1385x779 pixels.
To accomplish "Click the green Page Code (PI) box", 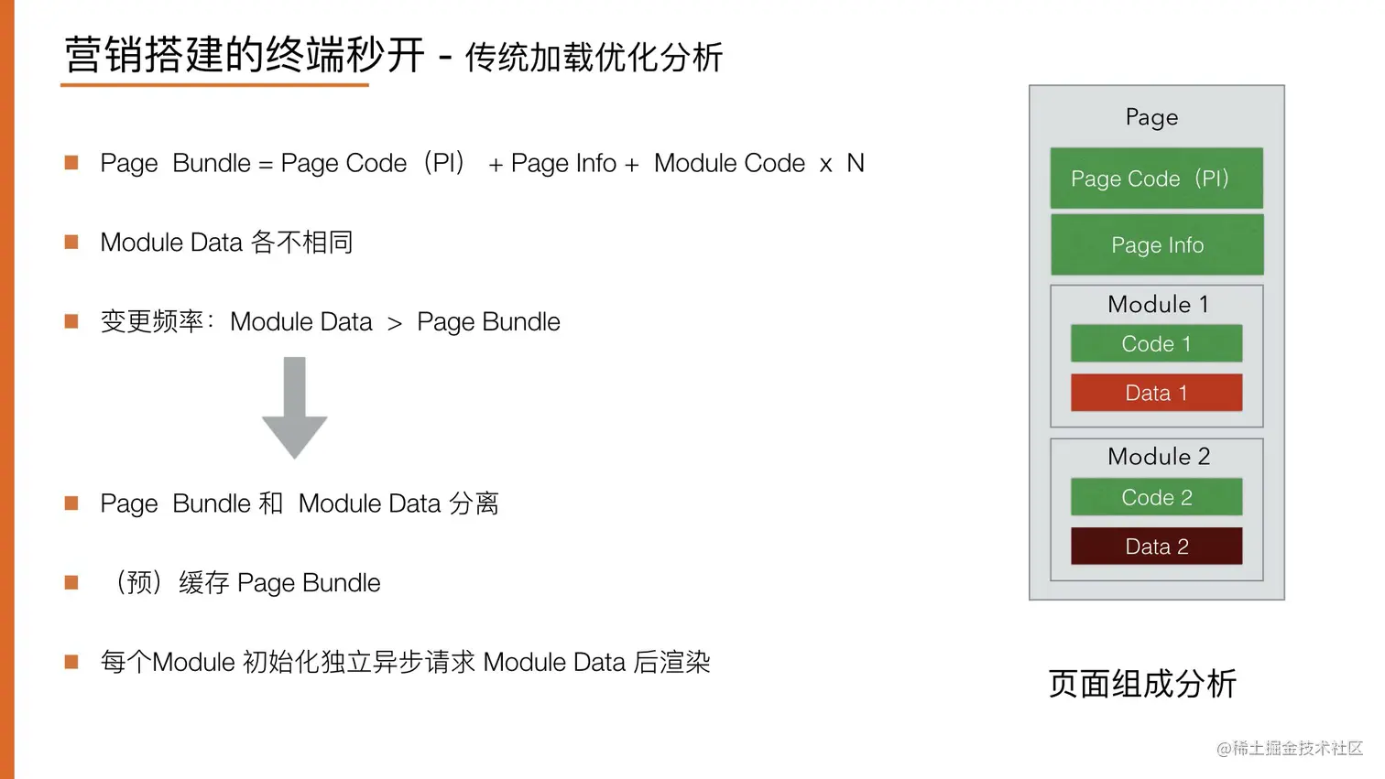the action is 1156,179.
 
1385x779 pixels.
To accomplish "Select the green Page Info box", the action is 1157,245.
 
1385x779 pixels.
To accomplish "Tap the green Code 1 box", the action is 1156,344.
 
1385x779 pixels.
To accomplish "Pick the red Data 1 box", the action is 1156,393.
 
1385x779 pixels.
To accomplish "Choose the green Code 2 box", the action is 1156,497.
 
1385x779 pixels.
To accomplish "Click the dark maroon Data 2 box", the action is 1156,546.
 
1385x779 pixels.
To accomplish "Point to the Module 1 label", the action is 1158,304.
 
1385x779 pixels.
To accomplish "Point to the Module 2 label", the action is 1158,456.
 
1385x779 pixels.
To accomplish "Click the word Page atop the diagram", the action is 1151,117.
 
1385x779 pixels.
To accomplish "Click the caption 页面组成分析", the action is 1141,683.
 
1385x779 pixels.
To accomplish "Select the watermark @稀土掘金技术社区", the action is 1289,748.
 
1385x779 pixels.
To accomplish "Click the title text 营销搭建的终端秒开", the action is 245,55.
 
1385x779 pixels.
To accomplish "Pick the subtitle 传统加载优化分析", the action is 594,58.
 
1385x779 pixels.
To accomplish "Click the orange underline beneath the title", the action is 214,85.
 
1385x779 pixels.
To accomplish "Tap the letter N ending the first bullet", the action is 855,163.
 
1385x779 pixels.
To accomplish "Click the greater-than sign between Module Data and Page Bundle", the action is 395,323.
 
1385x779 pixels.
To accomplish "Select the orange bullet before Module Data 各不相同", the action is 71,242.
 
